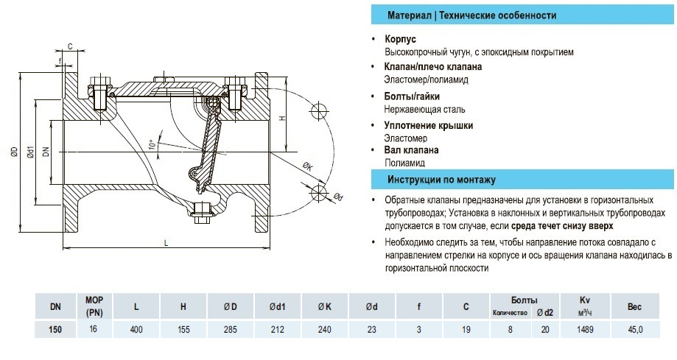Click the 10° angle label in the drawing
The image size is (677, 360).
[x=152, y=144]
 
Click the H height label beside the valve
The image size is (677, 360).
[x=282, y=118]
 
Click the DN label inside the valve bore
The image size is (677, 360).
[x=46, y=152]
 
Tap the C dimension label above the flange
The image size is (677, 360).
[x=70, y=46]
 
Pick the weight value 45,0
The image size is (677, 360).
[x=635, y=330]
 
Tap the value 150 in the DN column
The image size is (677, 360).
[x=55, y=330]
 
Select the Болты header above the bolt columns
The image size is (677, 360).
[x=525, y=300]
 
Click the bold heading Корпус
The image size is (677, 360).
[x=401, y=38]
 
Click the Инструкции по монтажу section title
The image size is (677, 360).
[x=441, y=180]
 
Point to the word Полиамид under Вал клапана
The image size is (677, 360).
[x=405, y=163]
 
